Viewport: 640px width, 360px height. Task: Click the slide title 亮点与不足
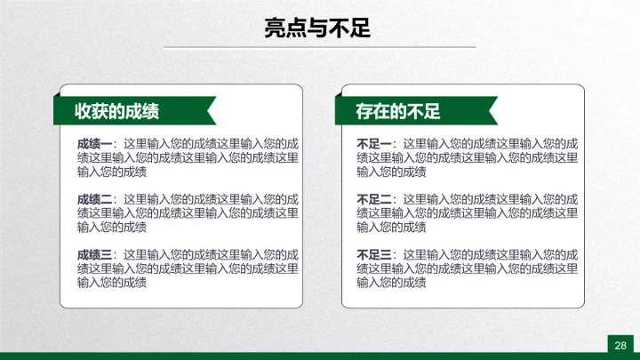pyautogui.click(x=317, y=28)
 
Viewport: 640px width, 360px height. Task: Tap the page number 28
pyautogui.click(x=620, y=345)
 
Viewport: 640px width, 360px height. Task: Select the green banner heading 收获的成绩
pyautogui.click(x=123, y=111)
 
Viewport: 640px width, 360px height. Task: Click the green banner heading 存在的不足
pyautogui.click(x=398, y=111)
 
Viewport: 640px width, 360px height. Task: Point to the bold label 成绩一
pyautogui.click(x=94, y=144)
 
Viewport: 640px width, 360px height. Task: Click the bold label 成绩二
pyautogui.click(x=94, y=199)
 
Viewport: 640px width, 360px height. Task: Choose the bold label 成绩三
pyautogui.click(x=94, y=254)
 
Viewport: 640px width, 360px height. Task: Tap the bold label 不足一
pyautogui.click(x=374, y=144)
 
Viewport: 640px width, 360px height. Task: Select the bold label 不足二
pyautogui.click(x=374, y=199)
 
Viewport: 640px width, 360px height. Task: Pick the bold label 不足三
pyautogui.click(x=374, y=254)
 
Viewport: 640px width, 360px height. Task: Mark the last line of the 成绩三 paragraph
pyautogui.click(x=112, y=283)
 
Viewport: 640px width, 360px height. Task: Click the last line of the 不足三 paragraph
pyautogui.click(x=392, y=283)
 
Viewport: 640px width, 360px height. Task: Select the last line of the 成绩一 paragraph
pyautogui.click(x=112, y=172)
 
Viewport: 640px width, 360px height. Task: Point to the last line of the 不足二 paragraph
pyautogui.click(x=392, y=228)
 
